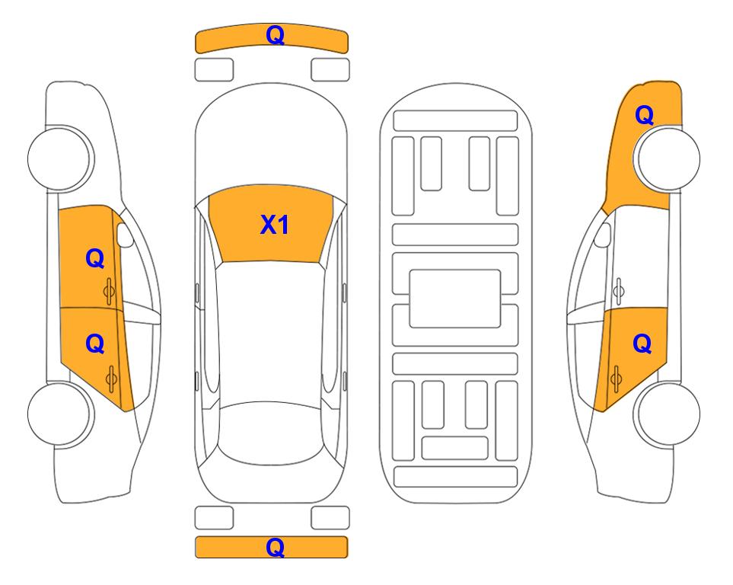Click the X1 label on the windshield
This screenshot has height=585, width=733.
pyautogui.click(x=275, y=225)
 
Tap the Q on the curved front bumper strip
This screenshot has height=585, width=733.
pyautogui.click(x=276, y=35)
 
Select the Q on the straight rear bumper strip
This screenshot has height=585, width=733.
pyautogui.click(x=276, y=547)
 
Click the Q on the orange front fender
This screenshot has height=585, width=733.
pyautogui.click(x=644, y=115)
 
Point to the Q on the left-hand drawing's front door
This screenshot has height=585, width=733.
pyautogui.click(x=95, y=258)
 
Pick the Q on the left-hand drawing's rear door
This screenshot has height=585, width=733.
pyautogui.click(x=95, y=344)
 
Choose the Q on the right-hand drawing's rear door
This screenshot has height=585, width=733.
pyautogui.click(x=642, y=344)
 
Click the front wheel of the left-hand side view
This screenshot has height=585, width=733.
pyautogui.click(x=59, y=158)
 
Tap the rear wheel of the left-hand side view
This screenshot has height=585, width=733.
pyautogui.click(x=59, y=414)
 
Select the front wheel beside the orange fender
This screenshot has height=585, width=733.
pyautogui.click(x=668, y=158)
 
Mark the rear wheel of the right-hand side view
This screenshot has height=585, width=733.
pyautogui.click(x=668, y=414)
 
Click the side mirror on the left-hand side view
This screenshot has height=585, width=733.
pyautogui.click(x=125, y=235)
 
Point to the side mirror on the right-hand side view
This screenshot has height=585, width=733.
pyautogui.click(x=602, y=235)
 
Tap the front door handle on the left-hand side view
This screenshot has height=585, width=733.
pyautogui.click(x=110, y=291)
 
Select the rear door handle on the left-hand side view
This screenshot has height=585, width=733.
pyautogui.click(x=111, y=379)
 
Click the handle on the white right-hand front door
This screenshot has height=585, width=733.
pyautogui.click(x=619, y=291)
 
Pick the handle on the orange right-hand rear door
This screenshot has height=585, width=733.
pyautogui.click(x=616, y=379)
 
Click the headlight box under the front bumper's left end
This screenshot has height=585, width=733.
pyautogui.click(x=214, y=70)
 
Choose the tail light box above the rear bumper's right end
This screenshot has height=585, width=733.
pyautogui.click(x=330, y=518)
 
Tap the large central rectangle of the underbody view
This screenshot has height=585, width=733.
pyautogui.click(x=455, y=299)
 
